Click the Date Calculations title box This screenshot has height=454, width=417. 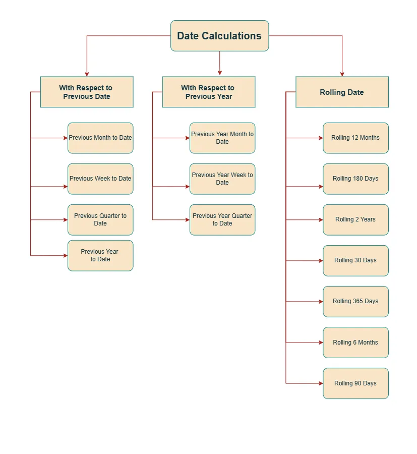tap(219, 36)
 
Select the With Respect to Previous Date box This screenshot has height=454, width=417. tap(87, 92)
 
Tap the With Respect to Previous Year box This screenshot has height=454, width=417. tap(208, 92)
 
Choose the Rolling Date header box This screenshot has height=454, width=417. tap(342, 92)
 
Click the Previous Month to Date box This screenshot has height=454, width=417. tap(100, 138)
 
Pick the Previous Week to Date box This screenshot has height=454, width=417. tap(100, 179)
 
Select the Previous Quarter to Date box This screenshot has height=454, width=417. tap(100, 219)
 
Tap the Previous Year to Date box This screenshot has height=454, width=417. tap(100, 255)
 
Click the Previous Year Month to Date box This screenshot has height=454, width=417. tap(222, 138)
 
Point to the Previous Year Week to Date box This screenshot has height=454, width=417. tap(222, 179)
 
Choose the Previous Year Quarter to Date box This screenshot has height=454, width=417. tap(222, 219)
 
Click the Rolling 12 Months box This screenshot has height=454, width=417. tap(355, 138)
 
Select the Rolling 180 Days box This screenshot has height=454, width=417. tap(355, 179)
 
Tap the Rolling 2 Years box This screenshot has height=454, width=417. tap(355, 219)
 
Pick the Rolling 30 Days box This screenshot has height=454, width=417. tap(355, 260)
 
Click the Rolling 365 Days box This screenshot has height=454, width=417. tap(355, 301)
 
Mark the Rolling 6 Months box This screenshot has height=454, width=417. tap(355, 342)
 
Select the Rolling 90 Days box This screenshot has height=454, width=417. tap(355, 383)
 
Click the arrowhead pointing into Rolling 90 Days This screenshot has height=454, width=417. tap(320, 383)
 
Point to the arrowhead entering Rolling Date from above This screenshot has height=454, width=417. tap(342, 74)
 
